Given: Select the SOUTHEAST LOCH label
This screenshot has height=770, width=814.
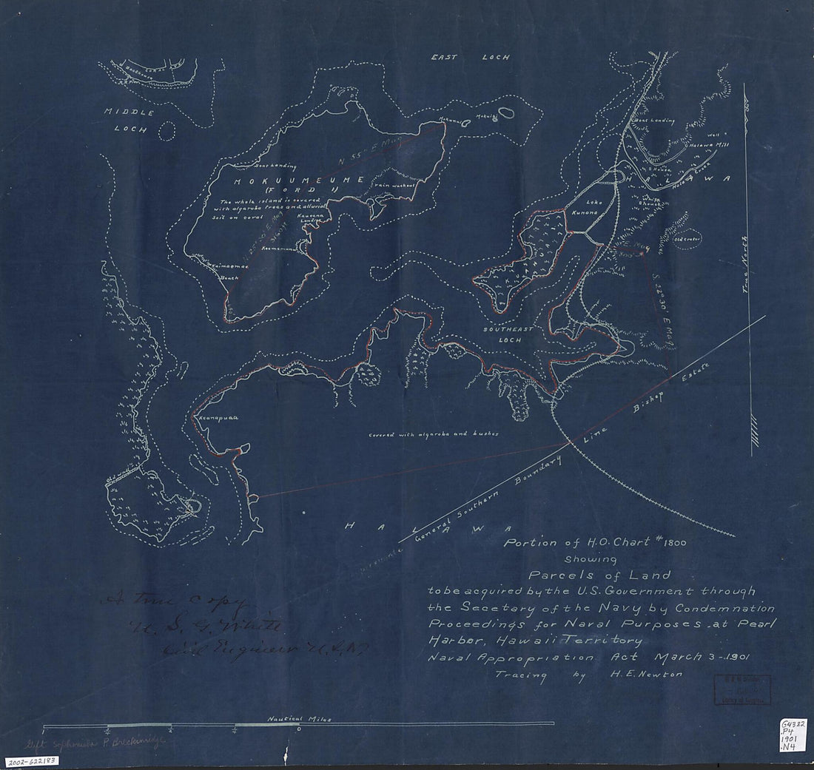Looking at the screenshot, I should click(504, 334).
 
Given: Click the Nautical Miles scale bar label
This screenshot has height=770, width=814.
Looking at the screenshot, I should click(300, 718).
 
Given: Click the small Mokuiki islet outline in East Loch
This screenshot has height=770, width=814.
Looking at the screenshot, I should click(505, 114).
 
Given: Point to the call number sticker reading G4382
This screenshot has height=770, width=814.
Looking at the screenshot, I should click(795, 720).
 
